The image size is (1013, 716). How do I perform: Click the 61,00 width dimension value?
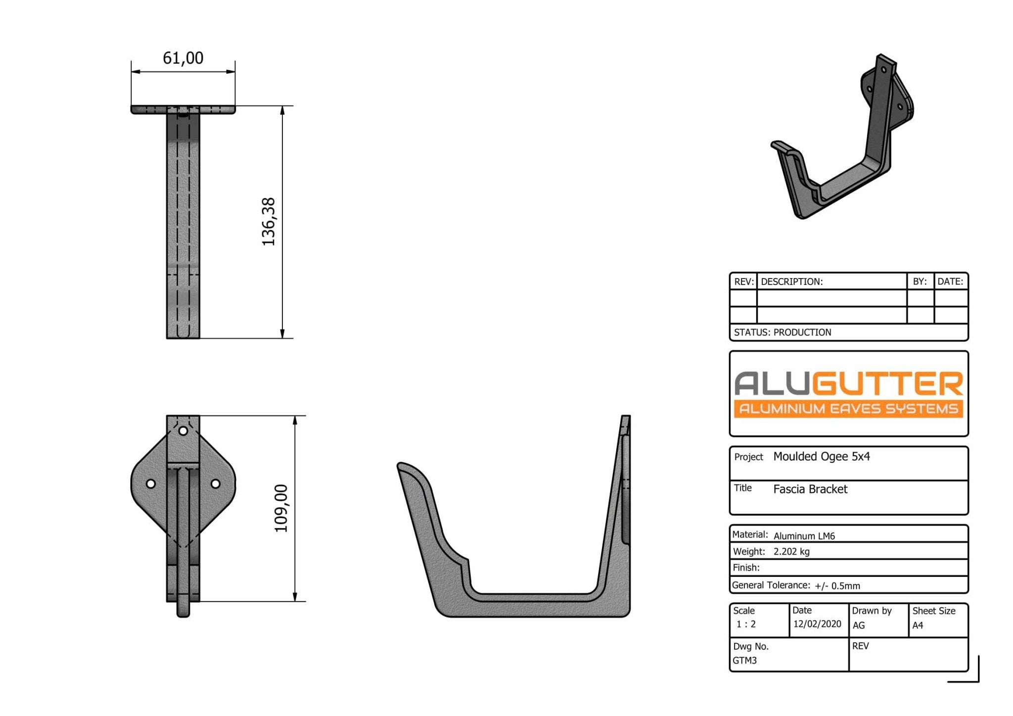pyautogui.click(x=183, y=58)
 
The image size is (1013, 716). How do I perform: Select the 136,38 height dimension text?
pyautogui.click(x=269, y=222)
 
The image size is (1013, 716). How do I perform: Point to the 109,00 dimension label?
pyautogui.click(x=281, y=508)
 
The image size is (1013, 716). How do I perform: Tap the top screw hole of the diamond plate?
pyautogui.click(x=183, y=430)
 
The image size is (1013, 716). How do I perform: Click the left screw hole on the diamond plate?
pyautogui.click(x=151, y=483)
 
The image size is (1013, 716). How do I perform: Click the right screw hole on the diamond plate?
pyautogui.click(x=216, y=483)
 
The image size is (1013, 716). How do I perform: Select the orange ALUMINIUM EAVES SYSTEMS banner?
pyautogui.click(x=848, y=409)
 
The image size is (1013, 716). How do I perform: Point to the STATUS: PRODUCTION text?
pyautogui.click(x=783, y=333)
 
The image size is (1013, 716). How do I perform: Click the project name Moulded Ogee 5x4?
pyautogui.click(x=821, y=456)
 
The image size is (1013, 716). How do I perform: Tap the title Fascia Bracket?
pyautogui.click(x=810, y=489)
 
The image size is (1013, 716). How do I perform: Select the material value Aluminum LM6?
pyautogui.click(x=804, y=536)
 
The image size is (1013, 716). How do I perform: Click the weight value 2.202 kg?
pyautogui.click(x=791, y=552)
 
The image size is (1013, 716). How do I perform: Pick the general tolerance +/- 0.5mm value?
pyautogui.click(x=837, y=586)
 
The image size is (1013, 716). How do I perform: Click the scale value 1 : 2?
pyautogui.click(x=746, y=624)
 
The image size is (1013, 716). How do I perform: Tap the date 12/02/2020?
pyautogui.click(x=817, y=624)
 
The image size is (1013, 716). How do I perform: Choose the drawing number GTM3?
pyautogui.click(x=744, y=661)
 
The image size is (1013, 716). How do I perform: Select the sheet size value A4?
pyautogui.click(x=918, y=625)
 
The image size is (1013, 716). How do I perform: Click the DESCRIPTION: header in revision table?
pyautogui.click(x=791, y=282)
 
